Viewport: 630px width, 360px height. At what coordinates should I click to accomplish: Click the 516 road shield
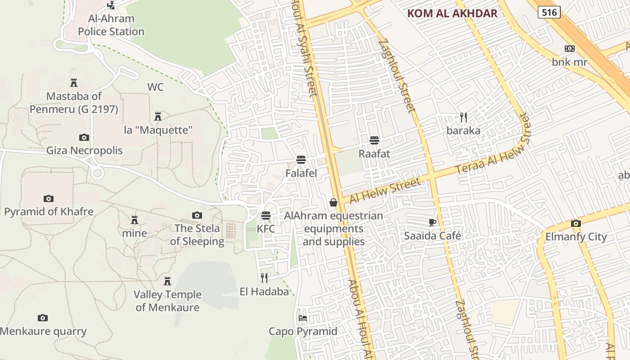549,12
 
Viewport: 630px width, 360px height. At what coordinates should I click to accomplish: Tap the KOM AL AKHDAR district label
452,13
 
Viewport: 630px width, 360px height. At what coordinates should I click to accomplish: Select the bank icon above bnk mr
570,49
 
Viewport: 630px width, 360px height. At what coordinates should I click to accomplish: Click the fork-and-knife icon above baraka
463,117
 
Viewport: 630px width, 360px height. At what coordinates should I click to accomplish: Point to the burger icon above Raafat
374,140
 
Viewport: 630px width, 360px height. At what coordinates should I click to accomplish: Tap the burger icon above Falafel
301,160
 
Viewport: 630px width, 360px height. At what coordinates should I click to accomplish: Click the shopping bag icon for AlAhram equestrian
333,202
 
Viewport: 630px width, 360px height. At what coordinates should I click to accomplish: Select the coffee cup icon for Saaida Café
432,222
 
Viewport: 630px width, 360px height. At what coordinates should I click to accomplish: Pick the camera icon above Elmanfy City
576,223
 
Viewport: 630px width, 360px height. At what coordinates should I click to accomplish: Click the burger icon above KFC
266,216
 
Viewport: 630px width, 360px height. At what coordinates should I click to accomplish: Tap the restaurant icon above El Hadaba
264,278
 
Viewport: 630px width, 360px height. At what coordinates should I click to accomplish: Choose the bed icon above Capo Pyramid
303,318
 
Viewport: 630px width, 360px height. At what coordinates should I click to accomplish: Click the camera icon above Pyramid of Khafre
49,198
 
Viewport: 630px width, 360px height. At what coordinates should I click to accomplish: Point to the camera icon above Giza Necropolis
84,137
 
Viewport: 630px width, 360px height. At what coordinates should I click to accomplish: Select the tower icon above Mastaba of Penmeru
74,83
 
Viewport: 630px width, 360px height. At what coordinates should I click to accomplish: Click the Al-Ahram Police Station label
111,25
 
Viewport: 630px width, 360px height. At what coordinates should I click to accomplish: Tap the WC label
155,87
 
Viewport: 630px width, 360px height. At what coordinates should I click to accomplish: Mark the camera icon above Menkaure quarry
43,318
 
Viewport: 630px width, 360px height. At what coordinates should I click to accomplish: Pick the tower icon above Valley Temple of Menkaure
167,282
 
